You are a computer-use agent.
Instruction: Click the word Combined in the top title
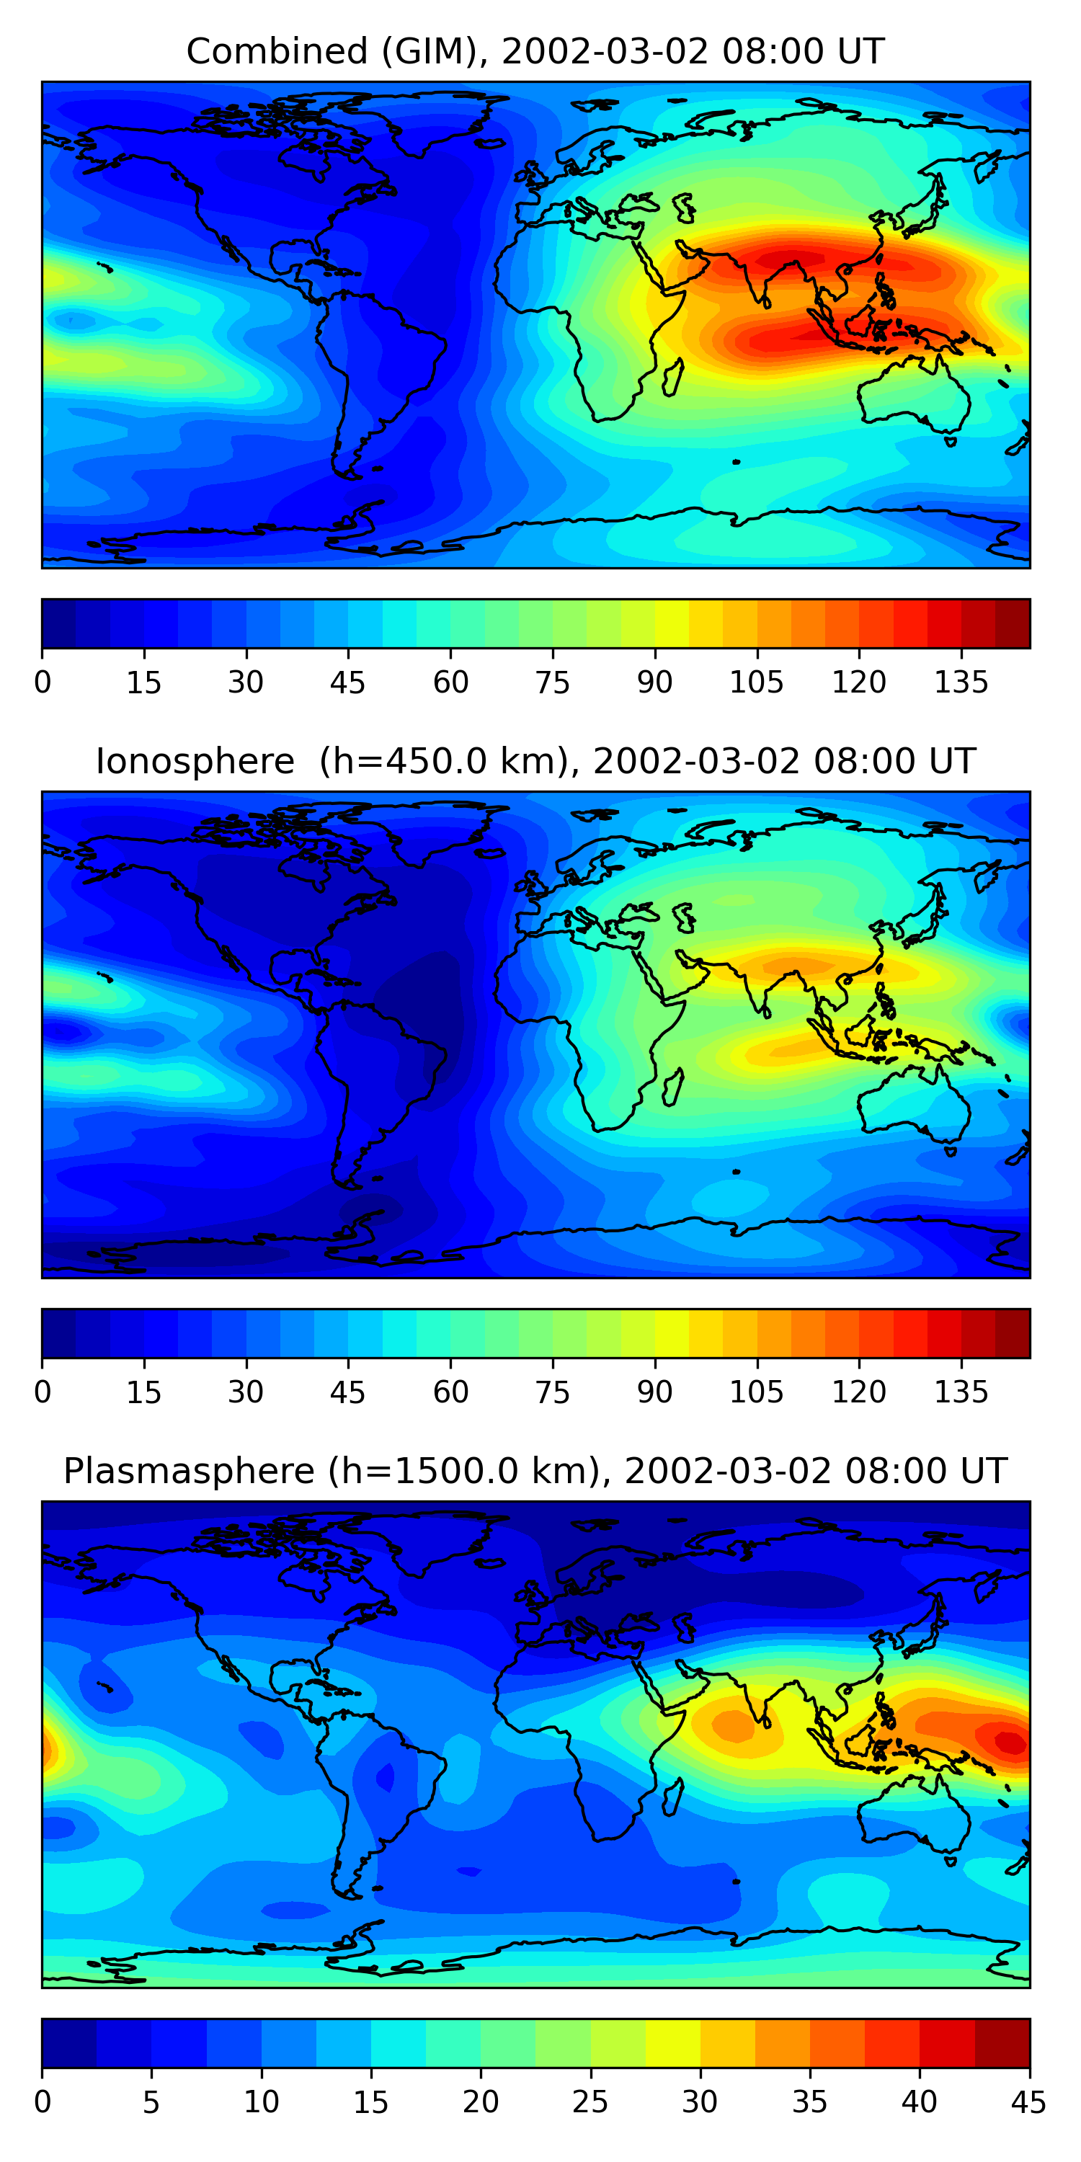pyautogui.click(x=276, y=52)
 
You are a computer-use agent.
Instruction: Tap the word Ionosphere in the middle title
pyautogui.click(x=195, y=762)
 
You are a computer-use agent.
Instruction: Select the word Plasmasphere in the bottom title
pyautogui.click(x=188, y=1472)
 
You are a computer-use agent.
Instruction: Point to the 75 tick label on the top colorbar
pyautogui.click(x=552, y=683)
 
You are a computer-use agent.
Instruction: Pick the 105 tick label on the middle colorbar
pyautogui.click(x=756, y=1392)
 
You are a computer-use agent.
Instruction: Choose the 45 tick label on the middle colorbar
pyautogui.click(x=347, y=1392)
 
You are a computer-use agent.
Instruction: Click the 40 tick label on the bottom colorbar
pyautogui.click(x=919, y=2102)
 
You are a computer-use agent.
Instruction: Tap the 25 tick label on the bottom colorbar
pyautogui.click(x=590, y=2102)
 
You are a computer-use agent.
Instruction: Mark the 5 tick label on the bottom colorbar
pyautogui.click(x=151, y=2102)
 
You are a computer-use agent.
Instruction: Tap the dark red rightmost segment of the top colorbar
pyautogui.click(x=1013, y=623)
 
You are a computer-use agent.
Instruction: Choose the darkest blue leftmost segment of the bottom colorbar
pyautogui.click(x=68, y=2043)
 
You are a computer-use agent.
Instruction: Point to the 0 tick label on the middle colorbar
pyautogui.click(x=43, y=1392)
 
